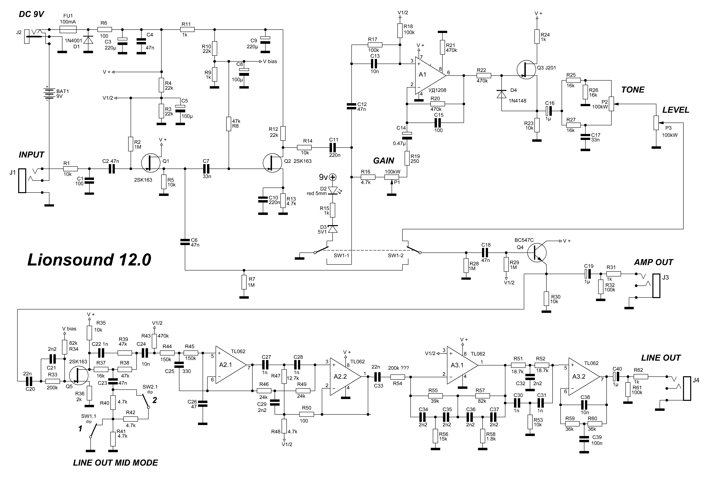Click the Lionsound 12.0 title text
(89, 260)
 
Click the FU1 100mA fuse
(68, 30)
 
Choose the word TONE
(633, 90)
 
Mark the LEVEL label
(676, 110)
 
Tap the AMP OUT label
(653, 262)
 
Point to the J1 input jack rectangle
(22, 181)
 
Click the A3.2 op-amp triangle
(583, 377)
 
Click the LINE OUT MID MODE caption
(115, 463)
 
